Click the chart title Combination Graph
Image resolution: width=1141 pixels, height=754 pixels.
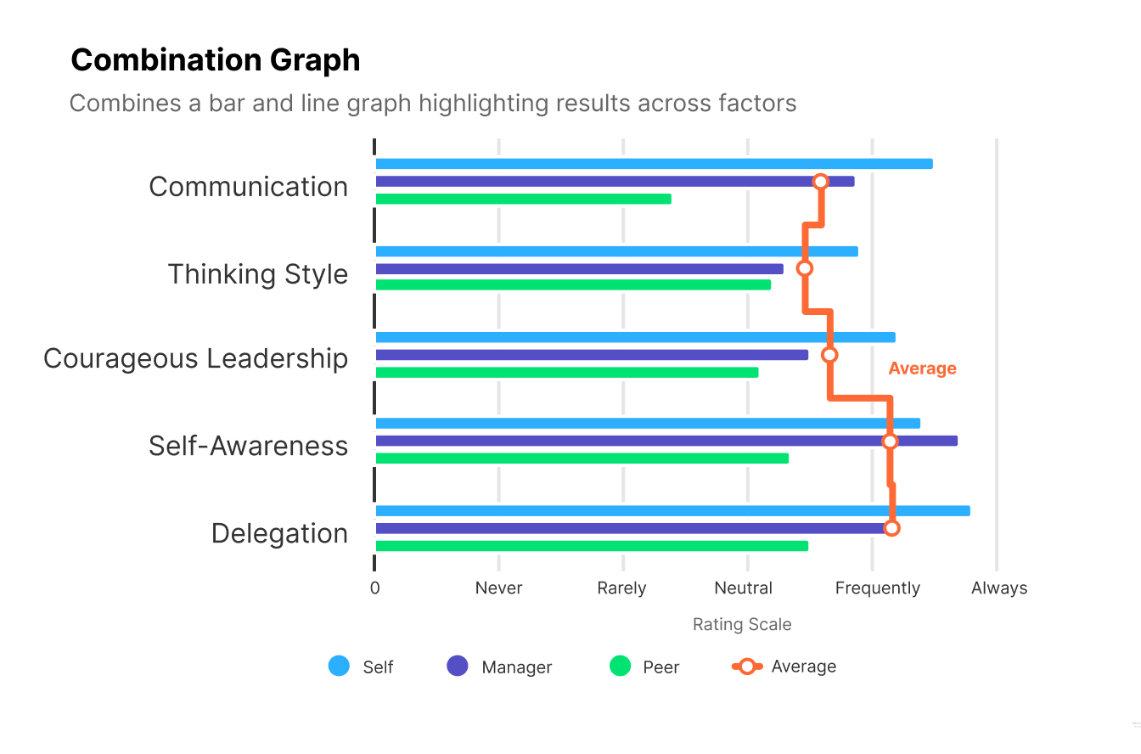(216, 60)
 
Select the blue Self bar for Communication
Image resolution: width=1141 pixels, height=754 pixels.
(654, 164)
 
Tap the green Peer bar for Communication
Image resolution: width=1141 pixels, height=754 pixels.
(523, 199)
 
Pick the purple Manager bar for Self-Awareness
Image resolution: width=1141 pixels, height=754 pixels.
(666, 441)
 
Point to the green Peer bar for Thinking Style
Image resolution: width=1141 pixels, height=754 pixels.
(573, 285)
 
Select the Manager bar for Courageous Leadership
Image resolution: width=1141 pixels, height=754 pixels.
(592, 355)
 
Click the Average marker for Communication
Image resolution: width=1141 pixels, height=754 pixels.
(820, 182)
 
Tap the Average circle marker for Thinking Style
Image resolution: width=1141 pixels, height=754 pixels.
(805, 268)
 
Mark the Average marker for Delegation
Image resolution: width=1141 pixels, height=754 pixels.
(891, 528)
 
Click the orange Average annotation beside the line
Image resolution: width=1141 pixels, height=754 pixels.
(922, 369)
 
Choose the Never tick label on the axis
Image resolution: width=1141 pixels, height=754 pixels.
(498, 588)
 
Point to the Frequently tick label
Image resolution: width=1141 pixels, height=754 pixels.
(877, 588)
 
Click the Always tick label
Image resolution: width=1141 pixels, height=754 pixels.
(999, 588)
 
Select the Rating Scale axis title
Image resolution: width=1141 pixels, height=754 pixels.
(742, 625)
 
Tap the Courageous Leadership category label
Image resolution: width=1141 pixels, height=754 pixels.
(195, 358)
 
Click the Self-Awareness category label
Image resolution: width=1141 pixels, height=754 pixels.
(248, 446)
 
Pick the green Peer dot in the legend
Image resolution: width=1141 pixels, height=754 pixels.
(621, 667)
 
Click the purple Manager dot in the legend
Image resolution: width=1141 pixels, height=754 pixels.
(458, 667)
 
